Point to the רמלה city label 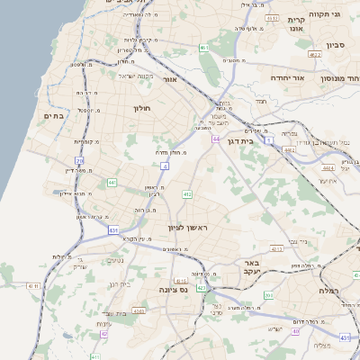click(x=327, y=292)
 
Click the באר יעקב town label click(x=251, y=268)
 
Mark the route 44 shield click(x=217, y=139)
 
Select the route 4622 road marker click(x=314, y=55)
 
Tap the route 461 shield click(x=205, y=48)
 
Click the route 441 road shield click(x=112, y=183)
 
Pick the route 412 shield click(x=187, y=193)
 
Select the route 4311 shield click(x=33, y=285)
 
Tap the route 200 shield click(x=269, y=295)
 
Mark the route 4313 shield click(x=277, y=247)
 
